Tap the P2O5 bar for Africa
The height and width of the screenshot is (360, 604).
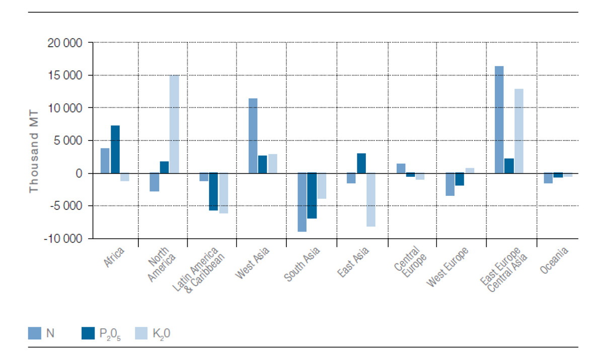click(x=115, y=150)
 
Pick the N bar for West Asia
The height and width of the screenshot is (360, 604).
click(x=253, y=136)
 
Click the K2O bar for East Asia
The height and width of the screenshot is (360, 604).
click(x=371, y=200)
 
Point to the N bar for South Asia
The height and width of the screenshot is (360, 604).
click(x=302, y=202)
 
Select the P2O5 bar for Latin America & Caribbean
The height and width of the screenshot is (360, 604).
click(x=213, y=192)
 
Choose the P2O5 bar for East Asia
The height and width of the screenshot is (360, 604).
click(x=361, y=163)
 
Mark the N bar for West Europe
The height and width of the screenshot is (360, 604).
click(x=450, y=184)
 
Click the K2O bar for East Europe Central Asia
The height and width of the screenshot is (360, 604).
click(x=519, y=131)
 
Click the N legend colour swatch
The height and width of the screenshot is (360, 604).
click(x=35, y=333)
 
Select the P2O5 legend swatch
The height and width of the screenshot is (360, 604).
click(x=88, y=333)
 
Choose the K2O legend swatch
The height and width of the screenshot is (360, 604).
click(x=142, y=333)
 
